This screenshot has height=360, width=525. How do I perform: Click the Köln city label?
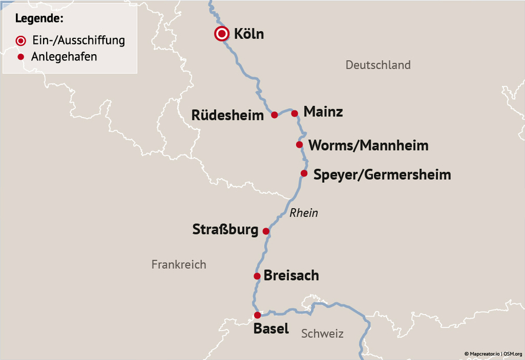coord(248,34)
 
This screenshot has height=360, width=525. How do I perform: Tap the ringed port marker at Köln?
coord(221,34)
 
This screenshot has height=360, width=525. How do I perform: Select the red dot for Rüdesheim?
coord(274,115)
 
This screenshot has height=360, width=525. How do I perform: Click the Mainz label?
coord(323,112)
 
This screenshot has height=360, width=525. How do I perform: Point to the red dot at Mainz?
coord(295,113)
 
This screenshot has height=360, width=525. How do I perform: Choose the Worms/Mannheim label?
coord(368,145)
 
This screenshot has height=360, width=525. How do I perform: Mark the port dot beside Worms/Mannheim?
coord(299,145)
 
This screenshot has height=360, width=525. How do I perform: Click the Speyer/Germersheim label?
coord(382,175)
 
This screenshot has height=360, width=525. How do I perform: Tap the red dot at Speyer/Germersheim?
coord(304,174)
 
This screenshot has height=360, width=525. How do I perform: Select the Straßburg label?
coord(225,230)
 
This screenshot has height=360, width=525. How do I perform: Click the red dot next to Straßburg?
coord(265,231)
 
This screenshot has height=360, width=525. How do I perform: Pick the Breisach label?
coord(291,275)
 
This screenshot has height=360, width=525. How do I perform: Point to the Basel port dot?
coord(257,315)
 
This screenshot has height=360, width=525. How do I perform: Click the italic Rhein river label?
coord(303,213)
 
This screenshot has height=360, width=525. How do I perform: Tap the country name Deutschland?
coord(378,65)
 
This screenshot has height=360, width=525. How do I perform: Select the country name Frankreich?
coord(179,265)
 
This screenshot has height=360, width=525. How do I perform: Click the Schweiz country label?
coord(322,334)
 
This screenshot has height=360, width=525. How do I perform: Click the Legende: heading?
coord(39,18)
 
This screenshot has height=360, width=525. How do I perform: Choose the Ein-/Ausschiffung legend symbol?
coord(21,41)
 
